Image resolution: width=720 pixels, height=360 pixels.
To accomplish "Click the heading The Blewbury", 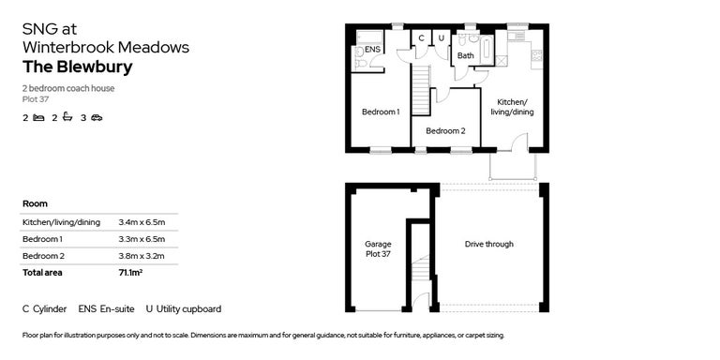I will pyautogui.click(x=77, y=67).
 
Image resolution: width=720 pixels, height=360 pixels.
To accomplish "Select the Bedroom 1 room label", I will pyautogui.click(x=381, y=112).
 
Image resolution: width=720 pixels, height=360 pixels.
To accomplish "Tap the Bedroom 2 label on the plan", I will pyautogui.click(x=444, y=131).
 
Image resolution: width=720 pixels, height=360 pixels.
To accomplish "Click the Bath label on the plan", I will pyautogui.click(x=465, y=56).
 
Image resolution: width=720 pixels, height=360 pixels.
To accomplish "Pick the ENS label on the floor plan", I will pyautogui.click(x=372, y=49).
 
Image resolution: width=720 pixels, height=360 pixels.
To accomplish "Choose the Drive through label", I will pyautogui.click(x=488, y=245).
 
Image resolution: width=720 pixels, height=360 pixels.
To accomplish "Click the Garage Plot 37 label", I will pyautogui.click(x=378, y=249).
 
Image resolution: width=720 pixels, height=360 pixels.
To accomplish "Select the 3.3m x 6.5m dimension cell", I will pyautogui.click(x=142, y=239).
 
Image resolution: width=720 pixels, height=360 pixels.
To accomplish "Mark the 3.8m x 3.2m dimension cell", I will pyautogui.click(x=142, y=256).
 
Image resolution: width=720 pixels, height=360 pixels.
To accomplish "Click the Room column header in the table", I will pyautogui.click(x=35, y=203).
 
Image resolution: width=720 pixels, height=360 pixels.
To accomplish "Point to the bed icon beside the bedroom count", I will pyautogui.click(x=38, y=118).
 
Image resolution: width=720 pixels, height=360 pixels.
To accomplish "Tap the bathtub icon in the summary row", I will pyautogui.click(x=67, y=118).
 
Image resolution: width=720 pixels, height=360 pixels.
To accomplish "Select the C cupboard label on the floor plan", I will pyautogui.click(x=422, y=38).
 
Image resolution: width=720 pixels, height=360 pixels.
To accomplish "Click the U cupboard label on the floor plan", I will pyautogui.click(x=441, y=38).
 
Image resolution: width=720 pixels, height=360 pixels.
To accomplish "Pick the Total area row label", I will pyautogui.click(x=45, y=273).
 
